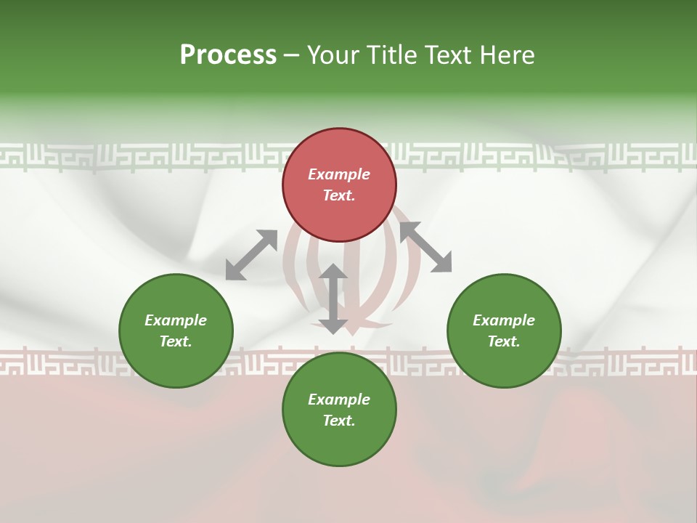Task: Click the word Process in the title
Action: pyautogui.click(x=228, y=54)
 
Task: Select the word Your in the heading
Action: pyautogui.click(x=334, y=54)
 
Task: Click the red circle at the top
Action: pyautogui.click(x=339, y=149)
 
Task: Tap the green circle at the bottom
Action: pyautogui.click(x=339, y=439)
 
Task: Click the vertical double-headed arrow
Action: pyautogui.click(x=333, y=299)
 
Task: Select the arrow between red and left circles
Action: pyautogui.click(x=251, y=255)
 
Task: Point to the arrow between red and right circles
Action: pyautogui.click(x=425, y=247)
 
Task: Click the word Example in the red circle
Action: pyautogui.click(x=339, y=174)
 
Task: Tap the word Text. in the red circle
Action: pyautogui.click(x=339, y=195)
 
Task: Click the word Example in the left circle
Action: pyautogui.click(x=176, y=320)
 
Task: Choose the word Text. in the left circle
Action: pyautogui.click(x=176, y=341)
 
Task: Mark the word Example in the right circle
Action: pyautogui.click(x=504, y=320)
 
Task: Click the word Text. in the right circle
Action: pyautogui.click(x=504, y=341)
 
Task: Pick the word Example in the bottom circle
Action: pyautogui.click(x=339, y=400)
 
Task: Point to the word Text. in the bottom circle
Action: pyautogui.click(x=339, y=421)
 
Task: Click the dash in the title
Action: pyautogui.click(x=292, y=55)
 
